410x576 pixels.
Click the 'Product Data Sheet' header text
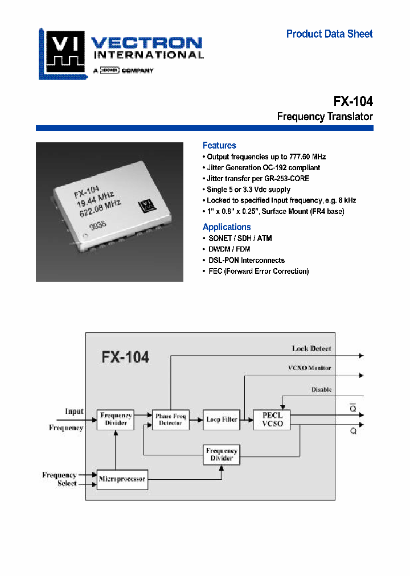coord(329,34)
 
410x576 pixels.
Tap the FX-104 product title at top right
coord(353,101)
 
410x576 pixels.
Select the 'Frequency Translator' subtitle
coord(325,117)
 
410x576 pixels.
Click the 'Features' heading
coord(219,146)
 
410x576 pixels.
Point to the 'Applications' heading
coord(226,227)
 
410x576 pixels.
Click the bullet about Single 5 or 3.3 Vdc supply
coord(248,190)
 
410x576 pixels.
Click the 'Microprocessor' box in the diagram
coord(122,479)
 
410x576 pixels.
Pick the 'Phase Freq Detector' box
coord(170,420)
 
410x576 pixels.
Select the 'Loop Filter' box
coord(222,419)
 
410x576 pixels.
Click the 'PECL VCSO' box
coord(272,419)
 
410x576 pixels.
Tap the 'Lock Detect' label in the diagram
coord(311,348)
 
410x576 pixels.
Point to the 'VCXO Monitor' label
coord(309,368)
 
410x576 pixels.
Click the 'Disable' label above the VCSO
coord(321,390)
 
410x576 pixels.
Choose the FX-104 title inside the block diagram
coord(125,357)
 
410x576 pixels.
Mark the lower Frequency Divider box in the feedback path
coord(222,455)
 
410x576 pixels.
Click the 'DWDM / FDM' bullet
coord(228,249)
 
